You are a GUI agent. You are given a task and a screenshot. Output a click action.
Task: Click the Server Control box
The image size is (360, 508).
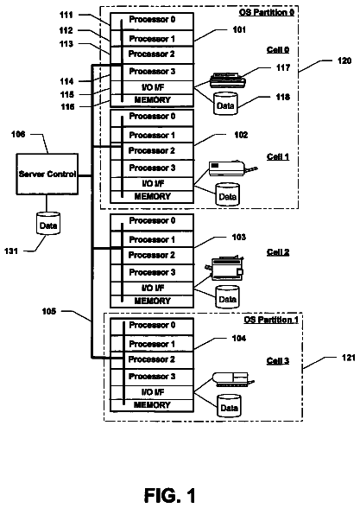pyautogui.click(x=47, y=174)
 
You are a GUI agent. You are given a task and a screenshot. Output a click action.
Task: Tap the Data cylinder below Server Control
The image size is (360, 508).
pyautogui.click(x=48, y=223)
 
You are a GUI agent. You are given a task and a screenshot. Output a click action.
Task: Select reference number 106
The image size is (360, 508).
pyautogui.click(x=18, y=134)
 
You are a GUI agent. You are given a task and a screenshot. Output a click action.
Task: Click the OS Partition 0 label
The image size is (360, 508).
pyautogui.click(x=267, y=12)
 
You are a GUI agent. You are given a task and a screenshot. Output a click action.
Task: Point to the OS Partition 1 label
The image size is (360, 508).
pyautogui.click(x=271, y=320)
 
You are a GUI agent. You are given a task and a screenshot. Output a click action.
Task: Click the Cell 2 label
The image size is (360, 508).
pyautogui.click(x=278, y=252)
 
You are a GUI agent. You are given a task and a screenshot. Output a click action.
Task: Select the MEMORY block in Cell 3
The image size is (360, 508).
pyautogui.click(x=152, y=405)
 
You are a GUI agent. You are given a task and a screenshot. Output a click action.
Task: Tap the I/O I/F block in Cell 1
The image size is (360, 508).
pyautogui.click(x=152, y=184)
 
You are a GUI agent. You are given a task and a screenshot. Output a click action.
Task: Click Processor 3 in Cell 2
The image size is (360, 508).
pyautogui.click(x=152, y=273)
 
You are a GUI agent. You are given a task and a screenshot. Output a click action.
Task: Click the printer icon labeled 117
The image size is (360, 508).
pyautogui.click(x=227, y=80)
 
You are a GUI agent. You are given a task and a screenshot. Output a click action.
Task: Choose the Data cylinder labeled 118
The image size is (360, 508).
pyautogui.click(x=225, y=104)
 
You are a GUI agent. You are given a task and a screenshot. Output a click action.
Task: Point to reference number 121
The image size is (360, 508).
pyautogui.click(x=349, y=358)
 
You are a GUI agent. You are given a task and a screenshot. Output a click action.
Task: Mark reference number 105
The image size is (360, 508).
pyautogui.click(x=49, y=311)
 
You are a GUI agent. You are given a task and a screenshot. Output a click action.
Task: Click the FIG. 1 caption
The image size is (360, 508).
pyautogui.click(x=170, y=495)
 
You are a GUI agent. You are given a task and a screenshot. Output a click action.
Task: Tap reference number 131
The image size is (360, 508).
pyautogui.click(x=11, y=251)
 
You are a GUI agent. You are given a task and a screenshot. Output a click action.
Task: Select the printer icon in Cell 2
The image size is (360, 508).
pyautogui.click(x=224, y=268)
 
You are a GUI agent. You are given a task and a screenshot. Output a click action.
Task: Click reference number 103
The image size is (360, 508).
pyautogui.click(x=239, y=237)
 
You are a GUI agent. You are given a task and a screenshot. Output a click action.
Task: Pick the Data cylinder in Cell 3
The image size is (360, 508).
pyautogui.click(x=229, y=406)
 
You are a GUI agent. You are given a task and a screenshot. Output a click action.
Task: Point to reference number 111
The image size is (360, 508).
pyautogui.click(x=66, y=15)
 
